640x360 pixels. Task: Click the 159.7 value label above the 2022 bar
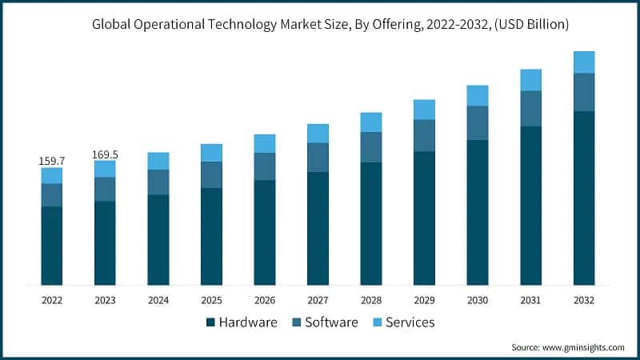click(x=52, y=161)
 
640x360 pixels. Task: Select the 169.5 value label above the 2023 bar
click(x=105, y=154)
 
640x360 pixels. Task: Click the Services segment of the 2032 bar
click(x=584, y=62)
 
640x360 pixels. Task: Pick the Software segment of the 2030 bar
click(x=478, y=122)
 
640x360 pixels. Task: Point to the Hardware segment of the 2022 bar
click(x=52, y=246)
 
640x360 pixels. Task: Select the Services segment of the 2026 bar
click(x=265, y=143)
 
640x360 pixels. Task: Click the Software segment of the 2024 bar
click(x=158, y=182)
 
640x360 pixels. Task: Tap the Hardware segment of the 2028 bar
click(x=371, y=223)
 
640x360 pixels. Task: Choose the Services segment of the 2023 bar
click(x=105, y=169)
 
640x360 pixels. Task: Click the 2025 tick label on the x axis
click(x=211, y=300)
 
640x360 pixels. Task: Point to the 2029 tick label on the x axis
click(x=424, y=300)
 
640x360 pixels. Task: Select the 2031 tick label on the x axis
click(x=530, y=300)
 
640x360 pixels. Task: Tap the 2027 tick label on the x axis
click(x=318, y=300)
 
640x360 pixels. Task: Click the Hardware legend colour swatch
click(x=210, y=322)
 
